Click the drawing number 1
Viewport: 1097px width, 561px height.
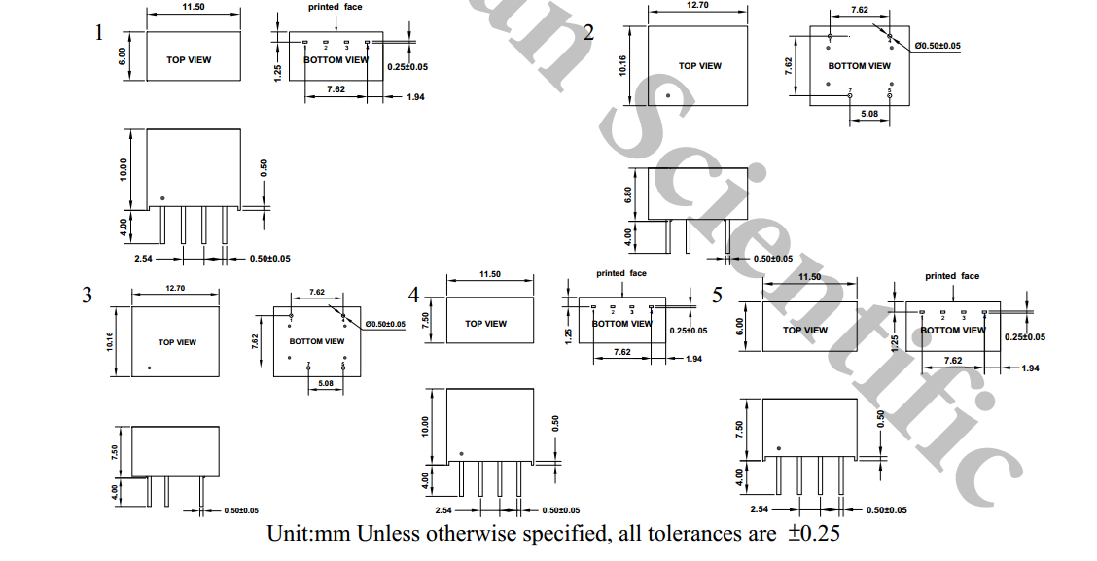tap(98, 34)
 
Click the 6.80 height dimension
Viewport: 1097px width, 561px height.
tap(628, 194)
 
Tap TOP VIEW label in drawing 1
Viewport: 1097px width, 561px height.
tap(189, 60)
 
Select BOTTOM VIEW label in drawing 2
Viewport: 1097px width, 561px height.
tap(859, 66)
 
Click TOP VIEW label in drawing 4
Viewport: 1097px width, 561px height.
tap(485, 324)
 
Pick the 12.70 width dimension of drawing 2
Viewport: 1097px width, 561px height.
tap(698, 5)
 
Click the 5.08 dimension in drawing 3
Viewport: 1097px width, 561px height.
tap(325, 383)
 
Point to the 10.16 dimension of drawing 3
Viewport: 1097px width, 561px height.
tap(110, 341)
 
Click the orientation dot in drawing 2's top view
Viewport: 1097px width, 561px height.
tap(668, 95)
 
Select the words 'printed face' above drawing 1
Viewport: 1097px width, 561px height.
tap(336, 8)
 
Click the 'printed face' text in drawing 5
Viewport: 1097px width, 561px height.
tap(952, 276)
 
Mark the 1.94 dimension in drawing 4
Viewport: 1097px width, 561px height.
tap(693, 360)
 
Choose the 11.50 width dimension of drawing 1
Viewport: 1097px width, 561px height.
tap(192, 6)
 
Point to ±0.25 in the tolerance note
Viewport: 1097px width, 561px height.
tap(813, 534)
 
